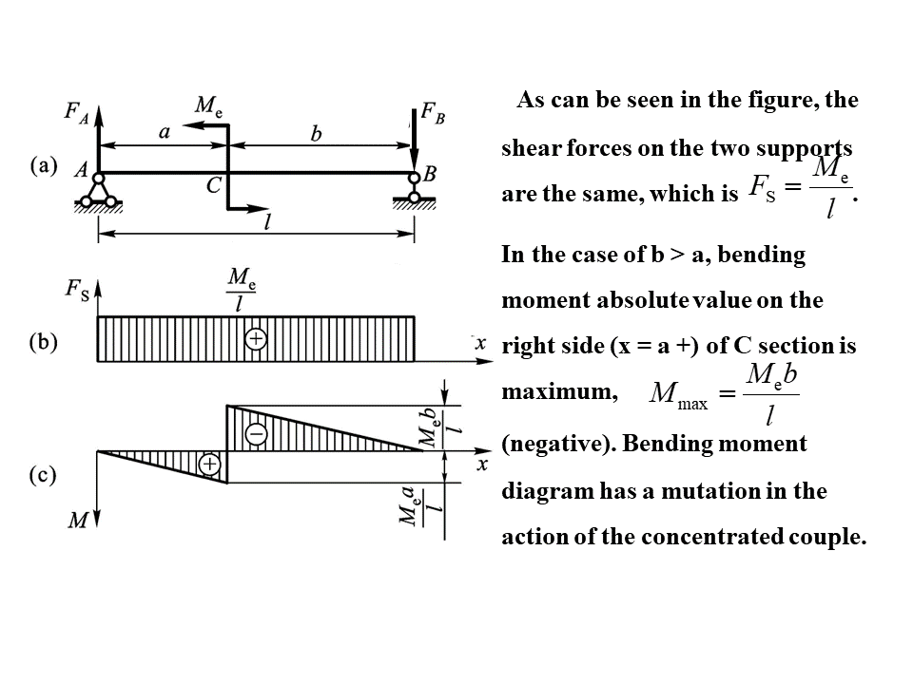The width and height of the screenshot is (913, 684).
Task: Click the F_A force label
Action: (76, 112)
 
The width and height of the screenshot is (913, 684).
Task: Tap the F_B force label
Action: (433, 116)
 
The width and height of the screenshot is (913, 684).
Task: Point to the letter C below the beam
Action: (214, 186)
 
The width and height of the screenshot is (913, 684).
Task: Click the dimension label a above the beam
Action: (165, 133)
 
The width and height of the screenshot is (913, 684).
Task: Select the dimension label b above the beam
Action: (317, 134)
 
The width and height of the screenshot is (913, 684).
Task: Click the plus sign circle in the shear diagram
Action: (255, 339)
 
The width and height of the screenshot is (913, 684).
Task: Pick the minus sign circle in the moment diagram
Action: (257, 433)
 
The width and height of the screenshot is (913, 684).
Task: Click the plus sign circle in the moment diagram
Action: (209, 464)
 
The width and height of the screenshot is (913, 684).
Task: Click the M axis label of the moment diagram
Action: (80, 520)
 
